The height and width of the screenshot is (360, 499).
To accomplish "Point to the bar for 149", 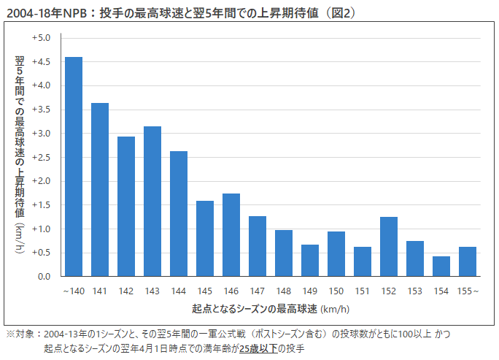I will pyautogui.click(x=310, y=261).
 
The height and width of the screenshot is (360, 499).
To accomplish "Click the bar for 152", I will pyautogui.click(x=389, y=247).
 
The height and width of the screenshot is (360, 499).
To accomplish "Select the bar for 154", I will pyautogui.click(x=441, y=267).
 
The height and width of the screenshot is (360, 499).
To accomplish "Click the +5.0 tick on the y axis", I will pyautogui.click(x=41, y=38).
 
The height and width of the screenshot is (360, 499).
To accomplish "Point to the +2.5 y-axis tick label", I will pyautogui.click(x=41, y=157).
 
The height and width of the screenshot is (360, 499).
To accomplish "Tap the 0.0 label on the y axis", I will pyautogui.click(x=43, y=277).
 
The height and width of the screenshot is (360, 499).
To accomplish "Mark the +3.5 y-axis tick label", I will pyautogui.click(x=41, y=110).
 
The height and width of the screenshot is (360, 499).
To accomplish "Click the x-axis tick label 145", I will pyautogui.click(x=205, y=291).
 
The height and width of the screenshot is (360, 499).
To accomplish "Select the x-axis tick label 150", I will pyautogui.click(x=336, y=291).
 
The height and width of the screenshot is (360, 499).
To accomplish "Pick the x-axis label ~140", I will pyautogui.click(x=74, y=291).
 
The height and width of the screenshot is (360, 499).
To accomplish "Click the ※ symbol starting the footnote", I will pyautogui.click(x=10, y=334).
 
